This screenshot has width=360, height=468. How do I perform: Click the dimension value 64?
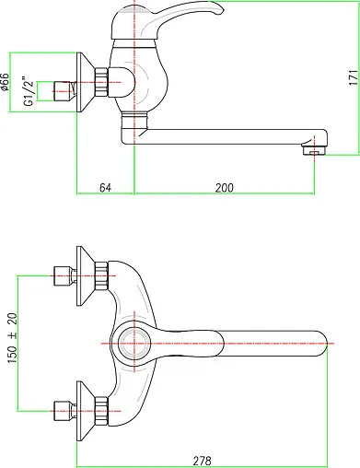[105, 187]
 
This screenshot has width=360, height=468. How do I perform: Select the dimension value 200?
[224, 187]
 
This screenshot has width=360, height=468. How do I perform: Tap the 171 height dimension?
[354, 77]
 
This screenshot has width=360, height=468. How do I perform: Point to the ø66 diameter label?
[5, 82]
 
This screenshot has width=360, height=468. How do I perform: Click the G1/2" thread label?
[29, 90]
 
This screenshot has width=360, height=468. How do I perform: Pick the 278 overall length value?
[202, 461]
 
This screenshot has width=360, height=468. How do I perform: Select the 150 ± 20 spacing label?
[12, 338]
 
